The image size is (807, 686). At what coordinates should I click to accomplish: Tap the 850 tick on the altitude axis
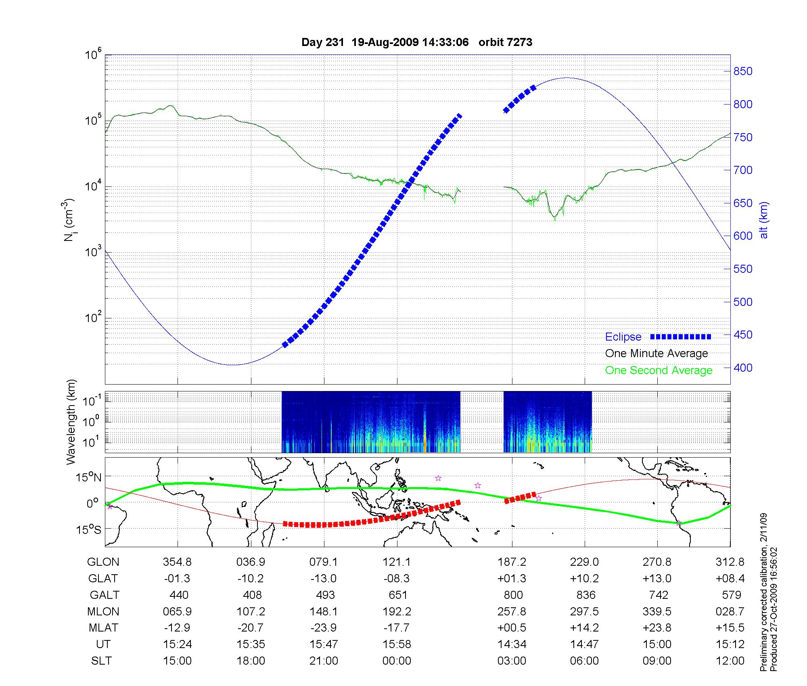coord(743,71)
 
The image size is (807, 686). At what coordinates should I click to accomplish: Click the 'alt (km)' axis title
coord(764,220)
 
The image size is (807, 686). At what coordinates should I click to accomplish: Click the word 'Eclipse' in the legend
coord(623,337)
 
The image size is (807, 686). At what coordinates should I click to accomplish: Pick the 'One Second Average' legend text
coord(659,370)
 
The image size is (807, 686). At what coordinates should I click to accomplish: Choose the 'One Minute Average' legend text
coord(656,353)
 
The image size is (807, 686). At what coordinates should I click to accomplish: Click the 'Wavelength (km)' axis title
coord(71,422)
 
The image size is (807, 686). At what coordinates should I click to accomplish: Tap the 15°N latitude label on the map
coord(89,478)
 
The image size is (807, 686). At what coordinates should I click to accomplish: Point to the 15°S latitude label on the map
coord(89,529)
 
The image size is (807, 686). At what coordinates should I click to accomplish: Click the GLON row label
coord(103,562)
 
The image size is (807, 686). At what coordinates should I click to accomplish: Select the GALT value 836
coord(586,595)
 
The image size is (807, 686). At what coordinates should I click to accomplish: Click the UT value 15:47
coord(324,644)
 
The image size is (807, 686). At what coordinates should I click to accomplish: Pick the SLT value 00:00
coord(397,661)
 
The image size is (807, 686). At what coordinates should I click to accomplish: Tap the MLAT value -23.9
coord(324,627)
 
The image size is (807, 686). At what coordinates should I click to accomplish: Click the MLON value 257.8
coord(512,611)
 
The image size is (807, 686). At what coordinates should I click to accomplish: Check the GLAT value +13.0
coord(657,578)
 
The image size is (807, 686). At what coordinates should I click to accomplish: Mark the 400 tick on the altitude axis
coord(743,368)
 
